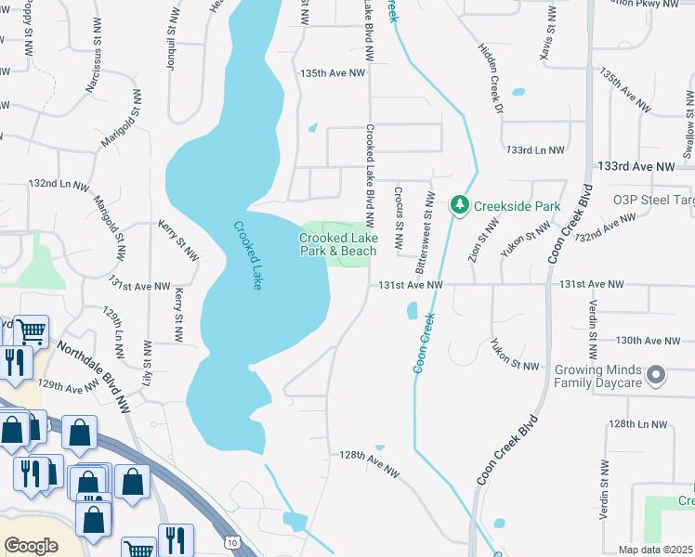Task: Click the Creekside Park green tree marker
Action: [458, 205]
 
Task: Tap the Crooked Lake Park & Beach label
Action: [338, 244]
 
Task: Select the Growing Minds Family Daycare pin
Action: [657, 375]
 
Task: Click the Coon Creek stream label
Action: [423, 343]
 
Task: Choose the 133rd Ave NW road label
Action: [636, 165]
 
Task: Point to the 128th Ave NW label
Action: [369, 464]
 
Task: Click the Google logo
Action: [31, 546]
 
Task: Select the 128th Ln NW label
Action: [639, 423]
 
